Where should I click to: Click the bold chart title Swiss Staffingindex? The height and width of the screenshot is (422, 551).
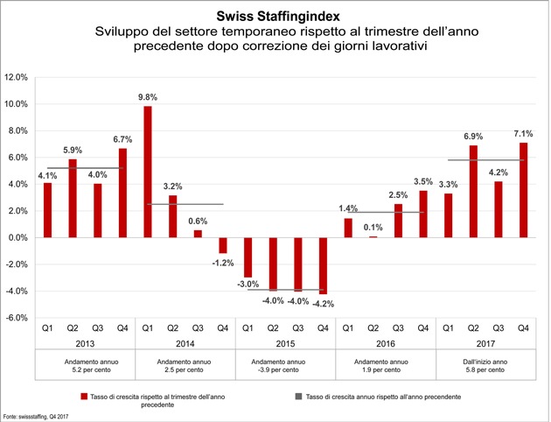point(278,16)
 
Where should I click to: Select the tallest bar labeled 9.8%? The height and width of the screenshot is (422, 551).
point(148,172)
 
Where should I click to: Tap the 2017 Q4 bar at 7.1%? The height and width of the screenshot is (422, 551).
point(523,190)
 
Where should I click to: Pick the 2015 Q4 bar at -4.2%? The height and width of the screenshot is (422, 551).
point(323,266)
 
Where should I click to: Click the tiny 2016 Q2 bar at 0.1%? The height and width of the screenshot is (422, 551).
point(373,237)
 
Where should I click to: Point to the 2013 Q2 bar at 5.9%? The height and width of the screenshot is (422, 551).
point(73,199)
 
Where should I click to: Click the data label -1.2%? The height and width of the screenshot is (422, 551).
point(223,263)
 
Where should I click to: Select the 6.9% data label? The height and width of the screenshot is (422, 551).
point(473,137)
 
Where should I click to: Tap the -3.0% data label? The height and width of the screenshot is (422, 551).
point(248,285)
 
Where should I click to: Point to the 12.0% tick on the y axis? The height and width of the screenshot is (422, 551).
point(16,77)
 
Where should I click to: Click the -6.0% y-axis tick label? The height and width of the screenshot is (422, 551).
point(16,318)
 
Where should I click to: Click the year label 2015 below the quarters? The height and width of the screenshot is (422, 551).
point(285,343)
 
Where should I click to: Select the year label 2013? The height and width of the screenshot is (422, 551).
point(85,343)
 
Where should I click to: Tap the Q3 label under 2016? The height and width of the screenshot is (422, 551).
point(398,328)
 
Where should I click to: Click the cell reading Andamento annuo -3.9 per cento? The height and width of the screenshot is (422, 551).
point(278,366)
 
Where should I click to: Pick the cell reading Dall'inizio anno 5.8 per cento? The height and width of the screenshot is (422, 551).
point(485,366)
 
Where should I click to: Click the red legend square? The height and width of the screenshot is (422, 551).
point(84,397)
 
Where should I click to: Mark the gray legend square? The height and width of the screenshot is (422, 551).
point(299,397)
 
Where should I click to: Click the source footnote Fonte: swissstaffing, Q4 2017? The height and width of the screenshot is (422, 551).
point(36,417)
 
